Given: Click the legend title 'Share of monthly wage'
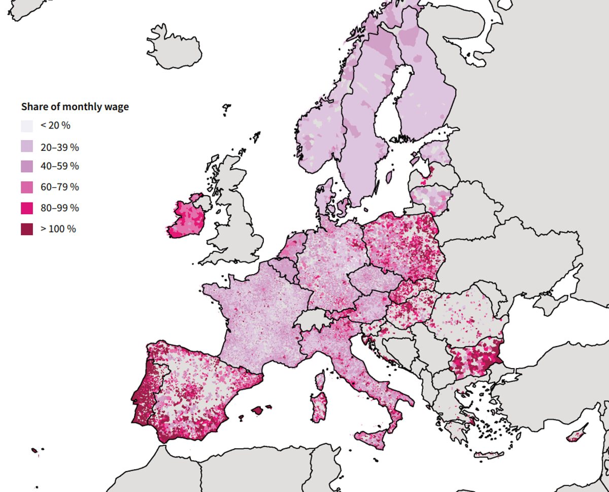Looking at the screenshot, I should [75, 107].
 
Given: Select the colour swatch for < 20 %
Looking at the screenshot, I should [27, 126].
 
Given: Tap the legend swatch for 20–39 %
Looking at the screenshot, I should [27, 147].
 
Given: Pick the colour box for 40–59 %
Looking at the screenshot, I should [27, 166].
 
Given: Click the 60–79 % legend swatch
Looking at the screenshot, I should [27, 187].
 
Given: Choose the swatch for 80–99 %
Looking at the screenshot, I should [27, 208].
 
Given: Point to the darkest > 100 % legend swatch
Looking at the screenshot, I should [27, 229].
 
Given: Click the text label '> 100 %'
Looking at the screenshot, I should [58, 229].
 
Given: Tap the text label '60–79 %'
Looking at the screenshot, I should [59, 187].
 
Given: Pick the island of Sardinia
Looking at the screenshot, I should [320, 407].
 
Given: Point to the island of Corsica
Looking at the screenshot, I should [320, 380].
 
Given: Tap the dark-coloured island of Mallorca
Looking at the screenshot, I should [258, 410].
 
